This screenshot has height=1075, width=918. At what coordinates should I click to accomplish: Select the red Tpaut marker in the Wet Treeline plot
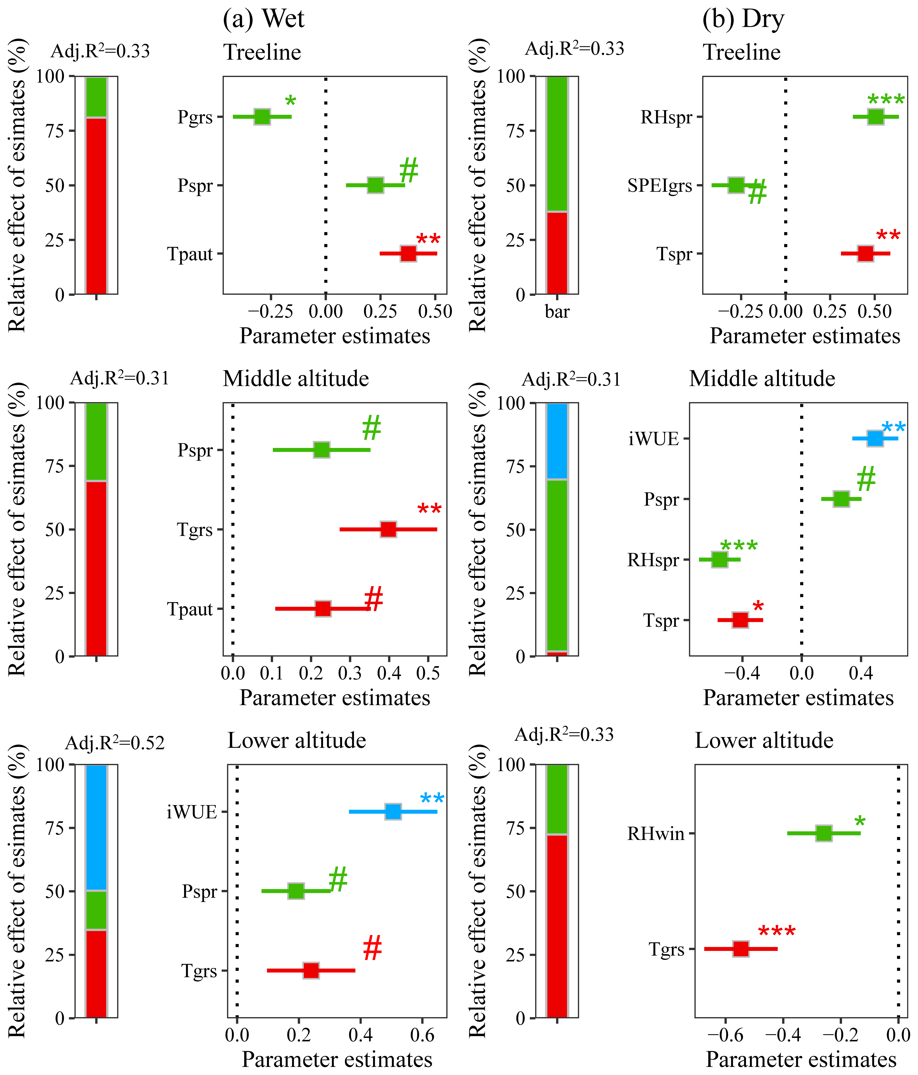pos(408,254)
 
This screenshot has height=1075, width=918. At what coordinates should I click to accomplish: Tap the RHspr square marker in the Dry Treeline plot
pos(875,117)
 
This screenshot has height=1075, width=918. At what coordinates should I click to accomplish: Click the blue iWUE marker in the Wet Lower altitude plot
pos(393,811)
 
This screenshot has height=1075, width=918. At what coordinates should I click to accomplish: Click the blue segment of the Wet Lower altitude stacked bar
pos(96,828)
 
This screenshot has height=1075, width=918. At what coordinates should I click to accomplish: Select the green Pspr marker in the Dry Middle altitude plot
pos(841,499)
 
